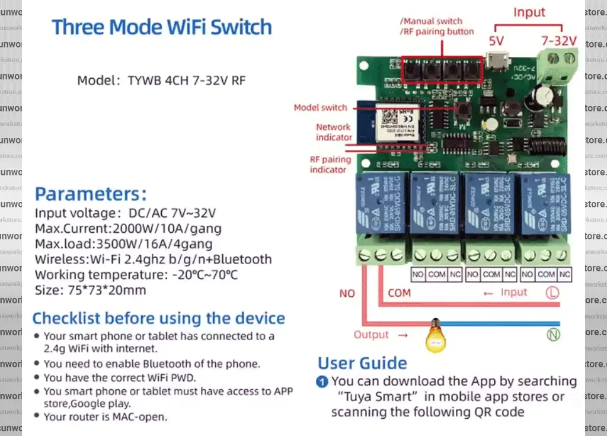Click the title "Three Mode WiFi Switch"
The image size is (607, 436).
(x=162, y=27)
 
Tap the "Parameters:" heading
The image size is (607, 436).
(x=91, y=194)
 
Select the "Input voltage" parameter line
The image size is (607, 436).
(x=125, y=213)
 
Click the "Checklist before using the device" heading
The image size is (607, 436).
(x=158, y=318)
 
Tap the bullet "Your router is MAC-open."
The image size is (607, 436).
(x=105, y=416)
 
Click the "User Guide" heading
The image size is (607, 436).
(x=362, y=363)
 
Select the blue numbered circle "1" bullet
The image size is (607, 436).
(x=322, y=381)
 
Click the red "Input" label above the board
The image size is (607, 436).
(x=529, y=12)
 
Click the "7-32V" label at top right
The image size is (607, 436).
(x=558, y=41)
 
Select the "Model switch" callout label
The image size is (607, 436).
(x=321, y=108)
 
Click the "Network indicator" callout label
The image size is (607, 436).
(x=334, y=132)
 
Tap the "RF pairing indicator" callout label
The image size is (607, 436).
(x=330, y=164)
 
